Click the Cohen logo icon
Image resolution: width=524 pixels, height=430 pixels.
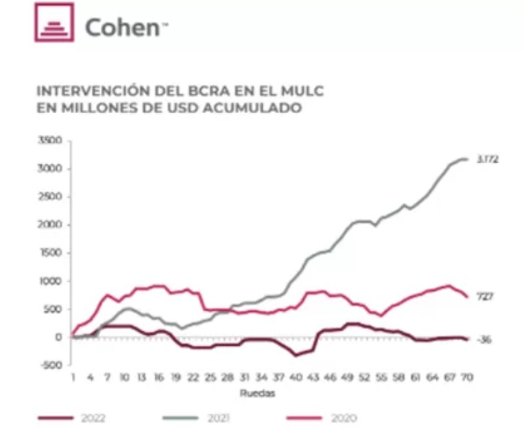53,22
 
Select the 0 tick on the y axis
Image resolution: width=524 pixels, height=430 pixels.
58,337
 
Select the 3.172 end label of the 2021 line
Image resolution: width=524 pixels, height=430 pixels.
488,159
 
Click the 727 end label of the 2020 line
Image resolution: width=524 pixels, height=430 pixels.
485,296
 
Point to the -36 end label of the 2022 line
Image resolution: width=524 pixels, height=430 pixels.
485,340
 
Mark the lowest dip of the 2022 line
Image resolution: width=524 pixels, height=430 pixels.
296,355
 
